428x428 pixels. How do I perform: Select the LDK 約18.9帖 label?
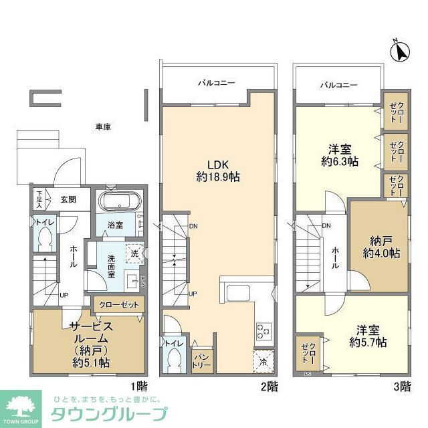(218, 171)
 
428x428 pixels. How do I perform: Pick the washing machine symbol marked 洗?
(134, 254)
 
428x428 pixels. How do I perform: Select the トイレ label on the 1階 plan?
(44, 220)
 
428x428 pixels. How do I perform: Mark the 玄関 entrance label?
(69, 199)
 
